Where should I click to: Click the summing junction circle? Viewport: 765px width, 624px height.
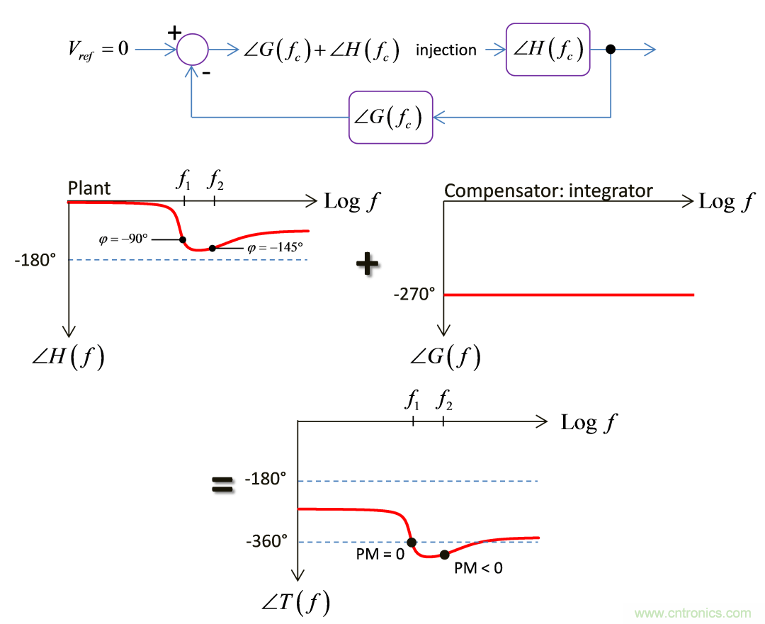point(192,50)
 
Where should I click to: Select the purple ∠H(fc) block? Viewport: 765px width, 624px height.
point(548,49)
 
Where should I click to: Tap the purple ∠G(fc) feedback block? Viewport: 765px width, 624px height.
point(390,117)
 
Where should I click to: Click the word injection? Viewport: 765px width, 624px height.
point(446,50)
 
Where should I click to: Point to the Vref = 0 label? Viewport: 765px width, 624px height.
point(95,50)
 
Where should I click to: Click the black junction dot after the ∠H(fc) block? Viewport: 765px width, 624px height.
point(611,50)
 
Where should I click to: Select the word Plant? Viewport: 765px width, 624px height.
point(89,189)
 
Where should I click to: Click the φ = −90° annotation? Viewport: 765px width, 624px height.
point(124,239)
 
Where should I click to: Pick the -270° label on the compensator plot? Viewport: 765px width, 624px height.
point(414,294)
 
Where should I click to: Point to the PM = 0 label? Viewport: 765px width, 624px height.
point(380,554)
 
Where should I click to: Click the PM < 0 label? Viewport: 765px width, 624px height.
point(478,567)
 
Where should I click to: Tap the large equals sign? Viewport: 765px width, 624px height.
point(222,484)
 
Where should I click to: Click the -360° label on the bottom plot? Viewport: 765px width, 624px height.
point(266,541)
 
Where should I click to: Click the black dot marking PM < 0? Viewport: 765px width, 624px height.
point(444,555)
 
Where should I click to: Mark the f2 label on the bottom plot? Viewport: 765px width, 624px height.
point(444,402)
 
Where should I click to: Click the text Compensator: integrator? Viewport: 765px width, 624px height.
point(548,190)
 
